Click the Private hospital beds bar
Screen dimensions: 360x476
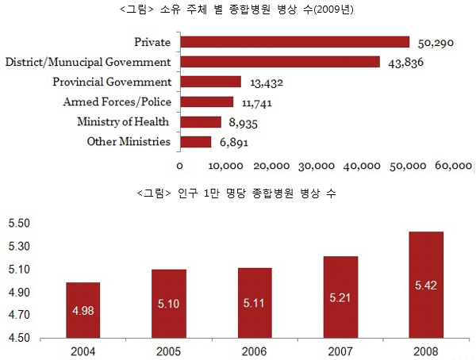[x=294, y=42]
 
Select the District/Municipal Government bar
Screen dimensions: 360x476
[x=280, y=62]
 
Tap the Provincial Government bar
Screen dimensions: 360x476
[x=210, y=82]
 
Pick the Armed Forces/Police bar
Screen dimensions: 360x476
[x=206, y=101]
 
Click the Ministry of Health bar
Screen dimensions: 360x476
[x=200, y=122]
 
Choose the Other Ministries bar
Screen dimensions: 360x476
[x=195, y=142]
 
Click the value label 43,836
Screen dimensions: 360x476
[x=405, y=63]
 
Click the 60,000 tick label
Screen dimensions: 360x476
[x=453, y=166]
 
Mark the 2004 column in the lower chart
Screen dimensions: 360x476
[x=83, y=310]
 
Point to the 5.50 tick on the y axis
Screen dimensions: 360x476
[x=18, y=224]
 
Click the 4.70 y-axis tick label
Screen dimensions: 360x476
[x=18, y=315]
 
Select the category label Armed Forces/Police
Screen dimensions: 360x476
[x=117, y=101]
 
